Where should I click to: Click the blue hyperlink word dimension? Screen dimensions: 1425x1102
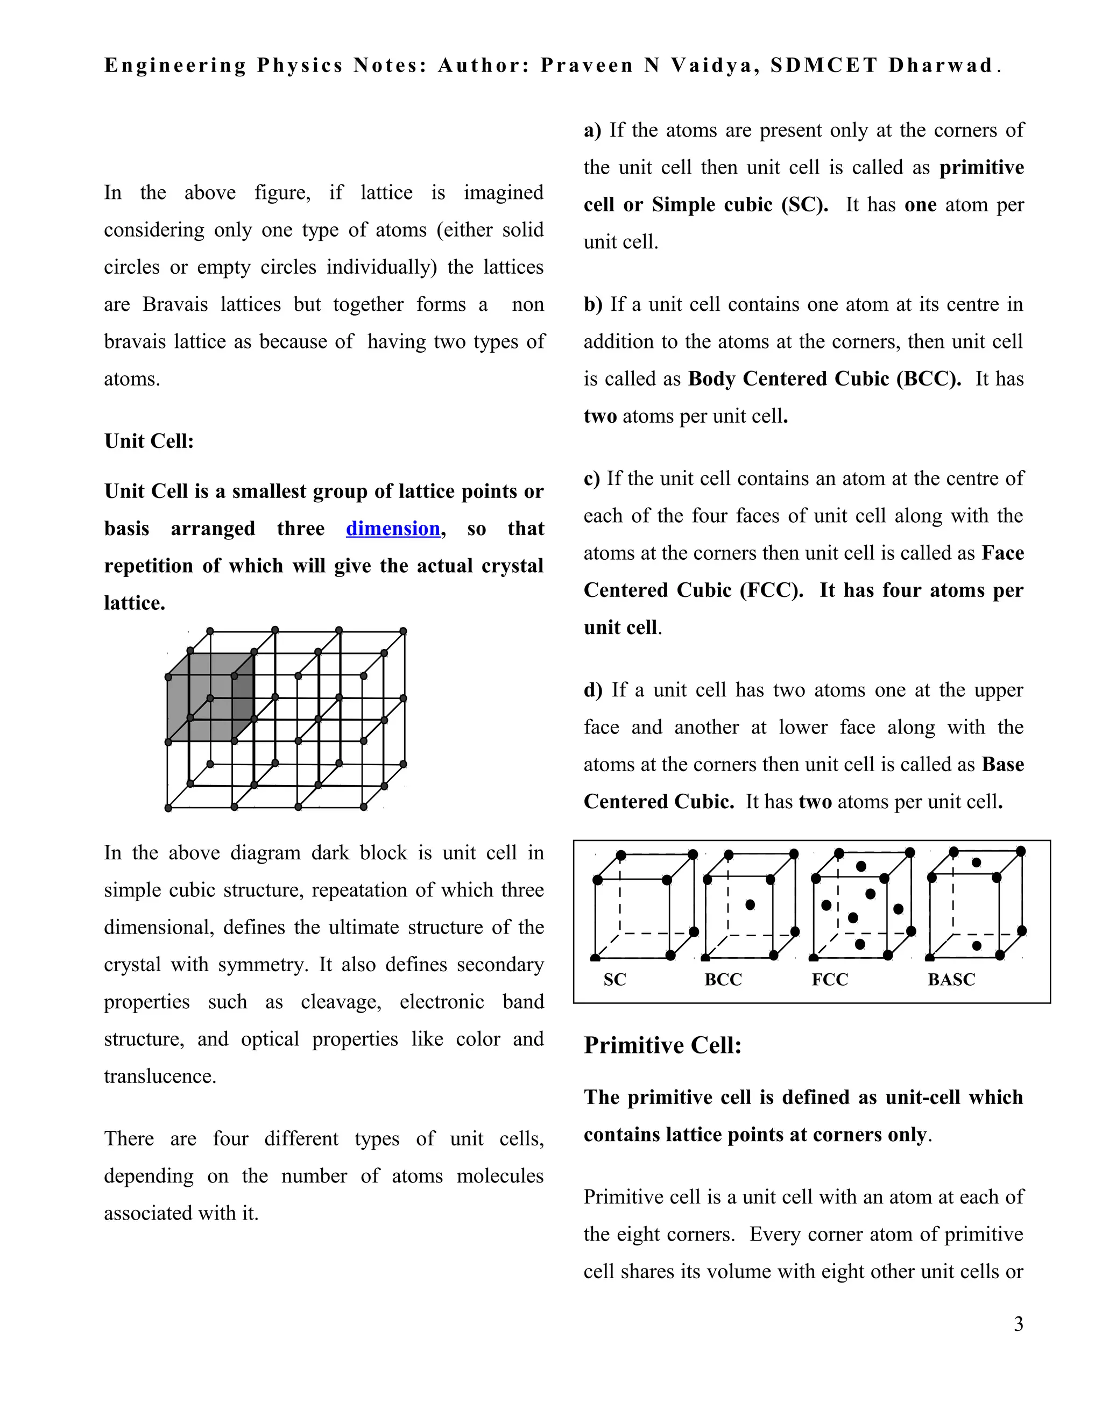[392, 528]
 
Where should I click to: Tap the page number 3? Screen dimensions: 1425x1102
[1018, 1324]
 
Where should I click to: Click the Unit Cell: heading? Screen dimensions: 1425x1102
[149, 441]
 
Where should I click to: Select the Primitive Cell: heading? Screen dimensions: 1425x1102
[662, 1045]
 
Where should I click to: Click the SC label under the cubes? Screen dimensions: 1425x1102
[614, 979]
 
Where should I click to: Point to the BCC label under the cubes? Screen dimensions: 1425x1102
[723, 979]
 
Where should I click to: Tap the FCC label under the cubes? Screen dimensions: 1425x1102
[829, 979]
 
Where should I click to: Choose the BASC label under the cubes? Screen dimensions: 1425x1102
[951, 979]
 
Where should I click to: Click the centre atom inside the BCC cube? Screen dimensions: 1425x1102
[750, 904]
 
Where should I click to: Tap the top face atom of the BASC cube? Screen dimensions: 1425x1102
[976, 862]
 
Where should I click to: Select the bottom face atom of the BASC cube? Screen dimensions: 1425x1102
[976, 945]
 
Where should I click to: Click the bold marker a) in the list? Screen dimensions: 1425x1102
[592, 130]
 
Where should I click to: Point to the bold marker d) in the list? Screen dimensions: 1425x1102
[593, 690]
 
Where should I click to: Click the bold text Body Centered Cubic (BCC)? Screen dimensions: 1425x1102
[824, 379]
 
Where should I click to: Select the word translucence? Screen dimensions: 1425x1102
[159, 1076]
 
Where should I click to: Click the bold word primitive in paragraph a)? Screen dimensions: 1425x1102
[981, 167]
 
